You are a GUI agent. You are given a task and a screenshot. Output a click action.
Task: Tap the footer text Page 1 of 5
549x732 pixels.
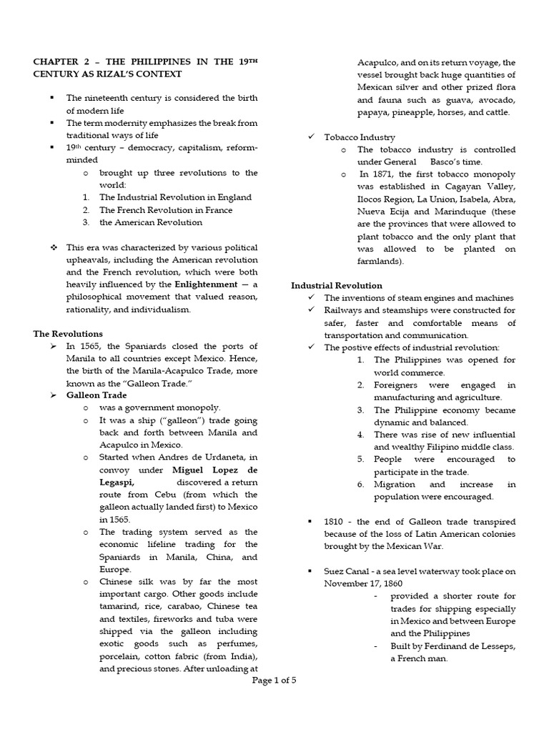[x=274, y=681]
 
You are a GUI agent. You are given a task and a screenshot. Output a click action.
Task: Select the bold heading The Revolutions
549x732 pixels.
[x=68, y=334]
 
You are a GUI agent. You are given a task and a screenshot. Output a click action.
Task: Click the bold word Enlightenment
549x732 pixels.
[x=204, y=285]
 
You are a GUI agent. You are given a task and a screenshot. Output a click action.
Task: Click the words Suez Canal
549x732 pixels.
[x=347, y=571]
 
